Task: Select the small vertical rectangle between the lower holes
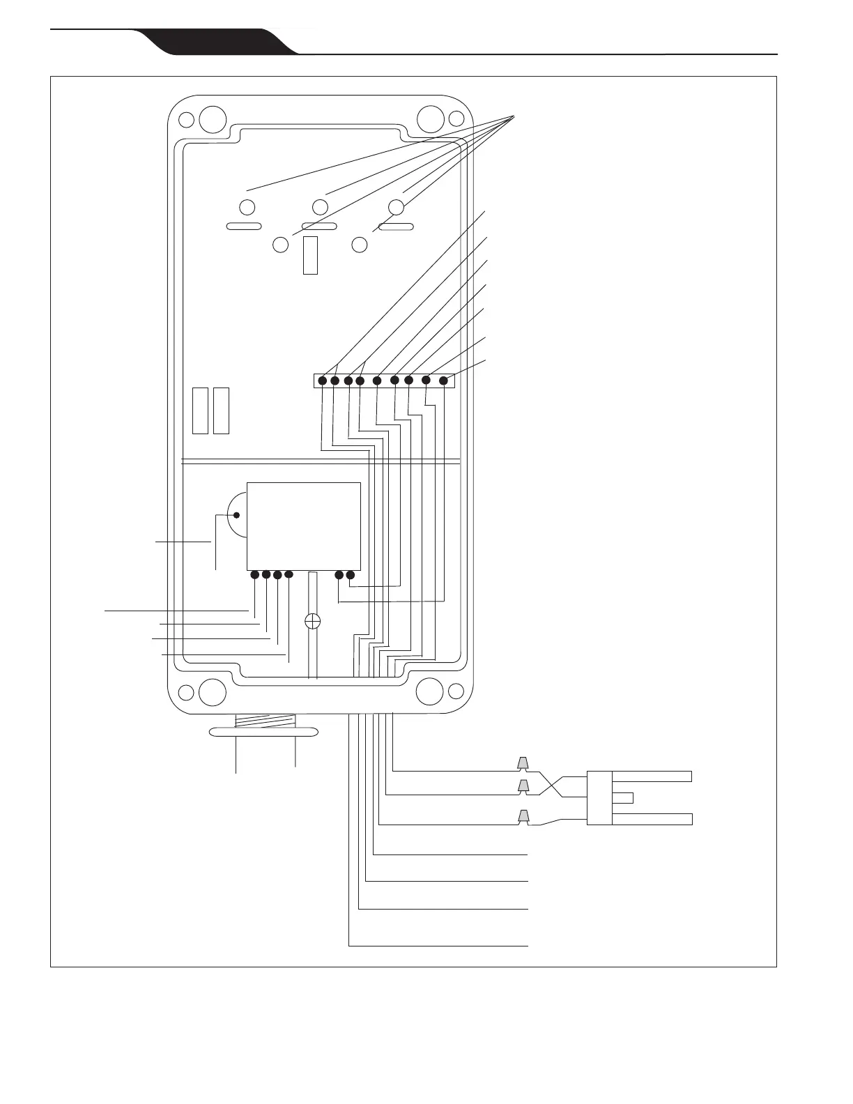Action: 311,254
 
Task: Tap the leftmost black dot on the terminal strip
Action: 323,381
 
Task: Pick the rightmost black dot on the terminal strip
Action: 443,381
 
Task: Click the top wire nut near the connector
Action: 522,763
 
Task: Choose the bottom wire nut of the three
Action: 523,815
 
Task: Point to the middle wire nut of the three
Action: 522,787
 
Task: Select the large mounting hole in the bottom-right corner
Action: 429,691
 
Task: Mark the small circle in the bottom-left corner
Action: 186,692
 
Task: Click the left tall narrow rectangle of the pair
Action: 200,411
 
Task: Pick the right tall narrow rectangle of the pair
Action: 222,411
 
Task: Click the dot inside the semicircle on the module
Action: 236,516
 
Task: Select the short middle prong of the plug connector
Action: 623,797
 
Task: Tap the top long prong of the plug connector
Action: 652,776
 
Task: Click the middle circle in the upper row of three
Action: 320,207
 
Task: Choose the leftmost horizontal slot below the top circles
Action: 243,226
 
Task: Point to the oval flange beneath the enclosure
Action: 264,732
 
